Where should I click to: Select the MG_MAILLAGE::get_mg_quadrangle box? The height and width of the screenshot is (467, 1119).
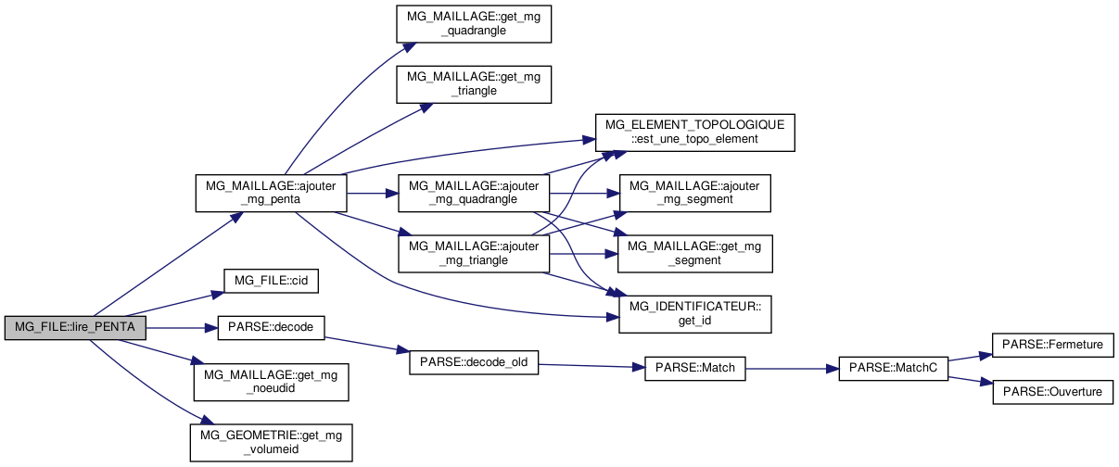coord(474,22)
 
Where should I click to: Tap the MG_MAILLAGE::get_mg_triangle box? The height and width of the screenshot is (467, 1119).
coord(474,83)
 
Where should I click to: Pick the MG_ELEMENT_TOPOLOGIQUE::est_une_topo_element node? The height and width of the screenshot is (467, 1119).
coord(694,132)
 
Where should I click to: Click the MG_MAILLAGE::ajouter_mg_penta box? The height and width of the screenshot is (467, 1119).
coord(271,193)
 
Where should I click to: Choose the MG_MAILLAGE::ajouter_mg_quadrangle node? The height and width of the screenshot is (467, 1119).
coord(473,193)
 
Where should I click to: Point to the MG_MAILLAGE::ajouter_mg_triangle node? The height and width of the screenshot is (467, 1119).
coord(473,253)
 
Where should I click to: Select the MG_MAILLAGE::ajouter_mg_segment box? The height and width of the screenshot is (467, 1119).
coord(695,193)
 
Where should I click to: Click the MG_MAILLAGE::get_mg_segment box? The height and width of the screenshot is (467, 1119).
coord(695,253)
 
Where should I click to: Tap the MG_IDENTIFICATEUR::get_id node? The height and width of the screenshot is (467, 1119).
coord(695,314)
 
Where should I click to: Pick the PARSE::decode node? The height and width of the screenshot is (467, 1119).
coord(271,328)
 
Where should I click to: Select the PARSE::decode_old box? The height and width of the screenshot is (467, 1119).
coord(474,361)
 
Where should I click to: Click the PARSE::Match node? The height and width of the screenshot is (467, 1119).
coord(694,368)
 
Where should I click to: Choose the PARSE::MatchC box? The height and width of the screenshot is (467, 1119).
coord(894,368)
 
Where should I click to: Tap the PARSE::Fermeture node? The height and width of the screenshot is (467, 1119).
coord(1052,345)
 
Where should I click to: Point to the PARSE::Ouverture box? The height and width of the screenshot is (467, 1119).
coord(1052,392)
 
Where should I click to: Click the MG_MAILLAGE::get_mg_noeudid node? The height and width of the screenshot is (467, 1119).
coord(271,382)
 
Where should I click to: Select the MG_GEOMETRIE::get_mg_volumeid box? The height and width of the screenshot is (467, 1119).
coord(271,442)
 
